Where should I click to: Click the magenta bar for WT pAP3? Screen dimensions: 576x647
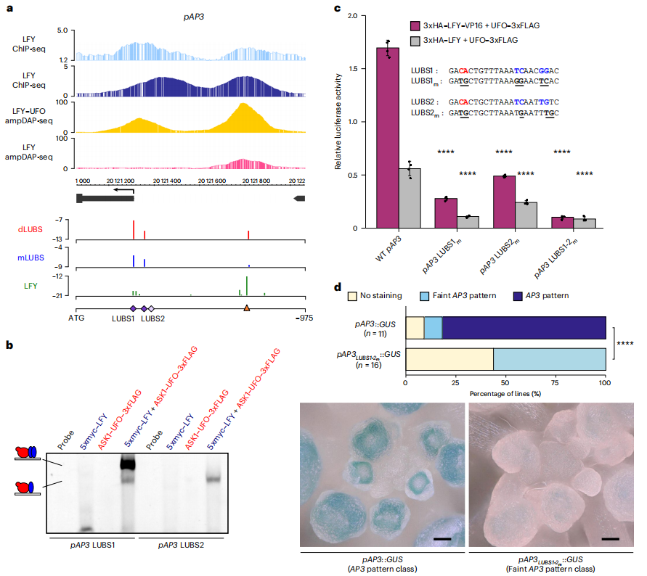coord(388,138)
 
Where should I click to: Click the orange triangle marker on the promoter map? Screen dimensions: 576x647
coord(247,309)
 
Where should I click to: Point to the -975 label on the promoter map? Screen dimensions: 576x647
coord(303,317)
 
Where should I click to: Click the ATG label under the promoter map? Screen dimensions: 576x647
coord(76,317)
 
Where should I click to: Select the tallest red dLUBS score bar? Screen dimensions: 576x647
coord(134,229)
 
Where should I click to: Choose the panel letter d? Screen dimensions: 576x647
coord(337,287)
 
